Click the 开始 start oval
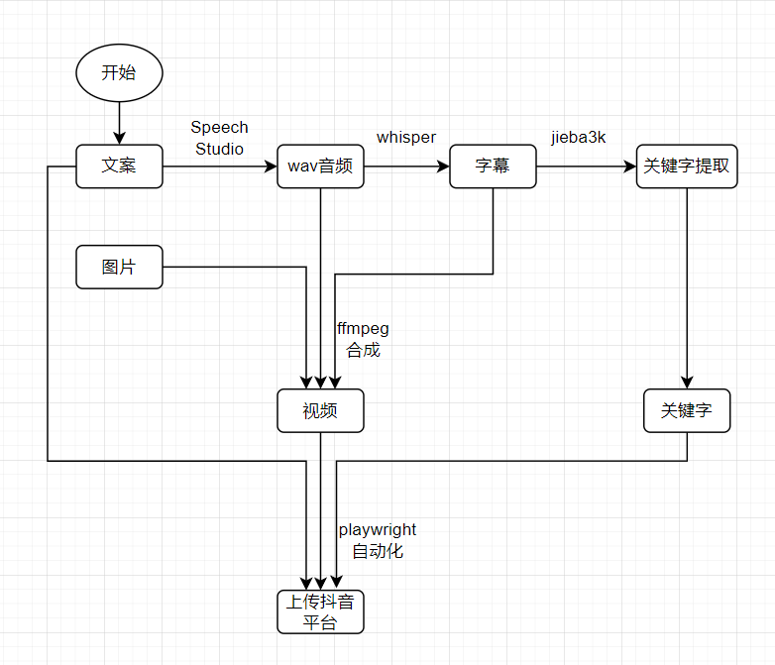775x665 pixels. [119, 72]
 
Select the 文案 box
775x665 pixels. [119, 166]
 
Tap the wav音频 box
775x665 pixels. [320, 166]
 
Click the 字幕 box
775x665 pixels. [493, 166]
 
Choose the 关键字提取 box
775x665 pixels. [687, 166]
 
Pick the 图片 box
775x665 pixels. [119, 268]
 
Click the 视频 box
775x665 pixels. [320, 411]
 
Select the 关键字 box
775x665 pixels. [687, 410]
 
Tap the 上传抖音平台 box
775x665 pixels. [320, 612]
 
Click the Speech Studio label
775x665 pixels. [219, 139]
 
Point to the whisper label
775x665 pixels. [406, 138]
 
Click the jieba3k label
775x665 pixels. [579, 138]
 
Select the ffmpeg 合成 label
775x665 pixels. [363, 339]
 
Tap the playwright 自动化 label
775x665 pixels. [377, 541]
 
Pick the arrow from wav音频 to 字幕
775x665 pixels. [406, 166]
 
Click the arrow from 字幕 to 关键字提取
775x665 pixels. [585, 166]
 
